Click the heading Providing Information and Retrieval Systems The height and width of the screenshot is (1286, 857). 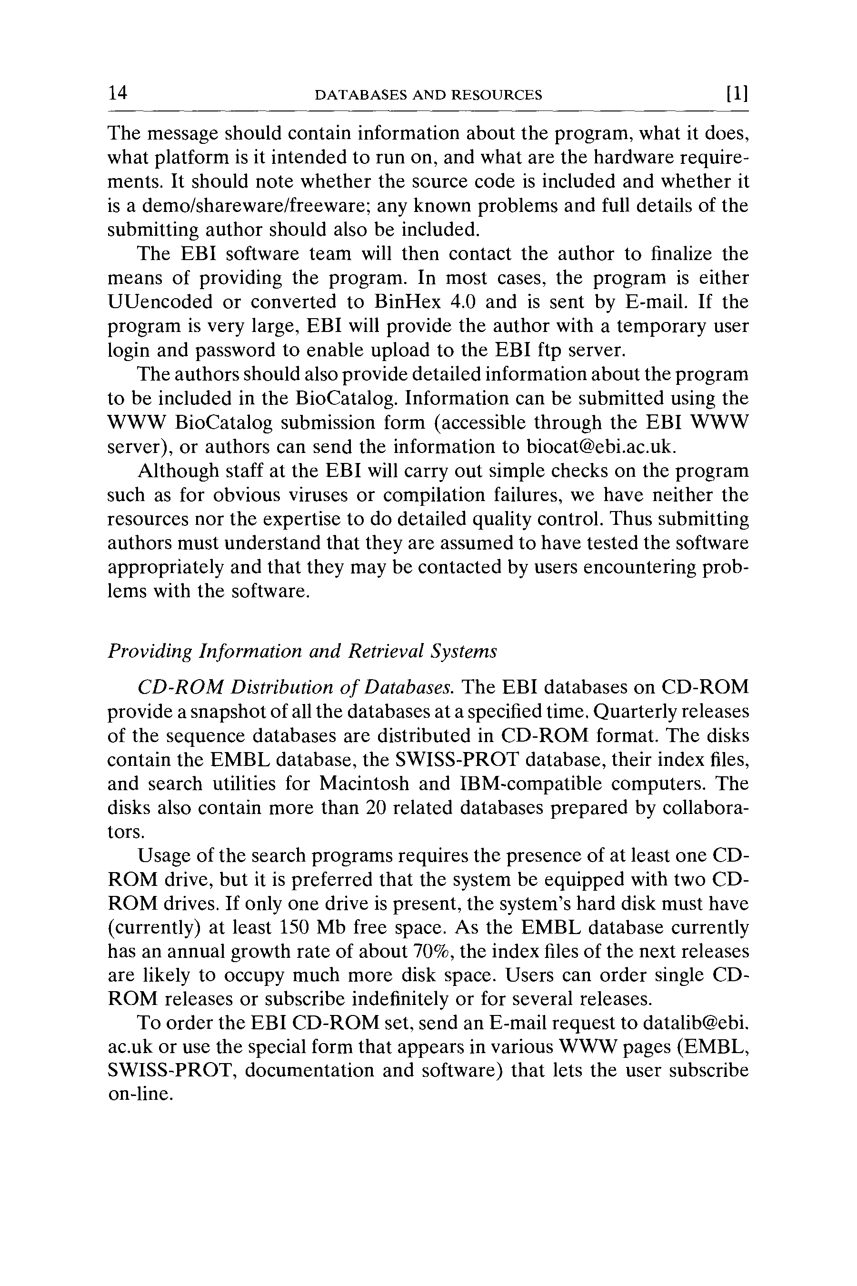click(x=302, y=651)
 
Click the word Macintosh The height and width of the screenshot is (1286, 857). click(x=364, y=784)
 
